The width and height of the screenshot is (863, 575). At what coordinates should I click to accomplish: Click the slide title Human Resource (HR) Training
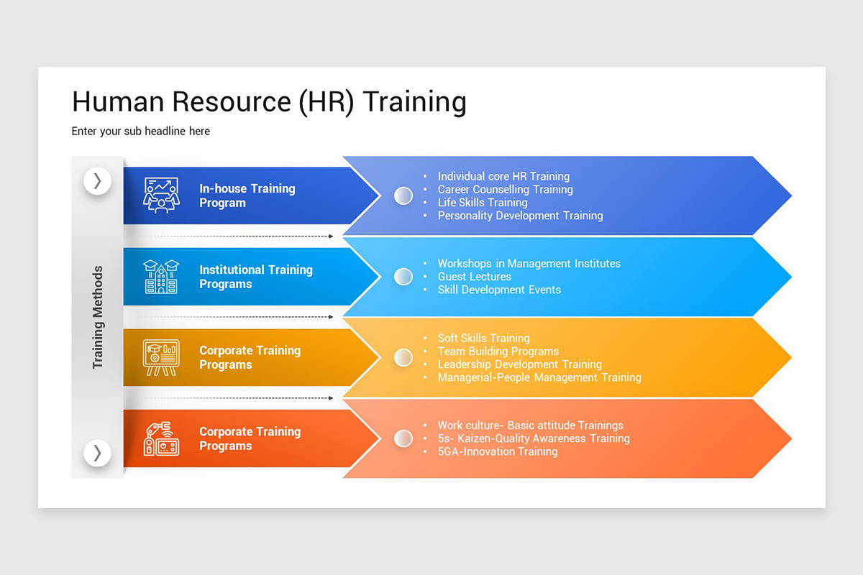tap(269, 102)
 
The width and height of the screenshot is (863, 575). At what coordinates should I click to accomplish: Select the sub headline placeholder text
tap(141, 132)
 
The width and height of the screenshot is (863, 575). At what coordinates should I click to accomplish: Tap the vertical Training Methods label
tap(98, 317)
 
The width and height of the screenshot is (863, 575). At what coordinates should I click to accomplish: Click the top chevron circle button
tap(97, 181)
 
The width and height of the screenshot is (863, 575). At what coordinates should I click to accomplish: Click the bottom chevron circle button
tap(97, 453)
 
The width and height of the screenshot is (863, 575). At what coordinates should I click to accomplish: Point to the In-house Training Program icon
tap(161, 195)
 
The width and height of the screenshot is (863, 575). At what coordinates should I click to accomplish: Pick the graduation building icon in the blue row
tap(161, 277)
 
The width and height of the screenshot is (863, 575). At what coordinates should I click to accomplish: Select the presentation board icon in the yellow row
tap(161, 357)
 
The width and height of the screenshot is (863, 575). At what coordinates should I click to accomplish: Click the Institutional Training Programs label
tap(255, 277)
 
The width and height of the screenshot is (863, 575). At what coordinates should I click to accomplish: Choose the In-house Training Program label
tap(247, 195)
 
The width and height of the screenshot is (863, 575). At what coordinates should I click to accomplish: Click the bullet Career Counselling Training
tap(505, 190)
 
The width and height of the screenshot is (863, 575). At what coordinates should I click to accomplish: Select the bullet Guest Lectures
tap(474, 277)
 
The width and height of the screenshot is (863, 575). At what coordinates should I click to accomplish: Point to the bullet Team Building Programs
tap(498, 351)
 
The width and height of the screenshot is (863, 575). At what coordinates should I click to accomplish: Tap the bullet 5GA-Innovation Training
tap(497, 451)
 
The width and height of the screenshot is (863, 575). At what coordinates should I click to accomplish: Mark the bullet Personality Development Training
tap(520, 216)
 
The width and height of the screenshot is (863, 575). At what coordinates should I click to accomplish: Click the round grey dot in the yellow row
tap(403, 357)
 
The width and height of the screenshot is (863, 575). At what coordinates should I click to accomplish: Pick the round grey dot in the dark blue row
tap(403, 195)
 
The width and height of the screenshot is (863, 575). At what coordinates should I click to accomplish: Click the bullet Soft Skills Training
tap(483, 339)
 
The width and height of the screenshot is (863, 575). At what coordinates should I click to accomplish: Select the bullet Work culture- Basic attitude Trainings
tap(530, 425)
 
